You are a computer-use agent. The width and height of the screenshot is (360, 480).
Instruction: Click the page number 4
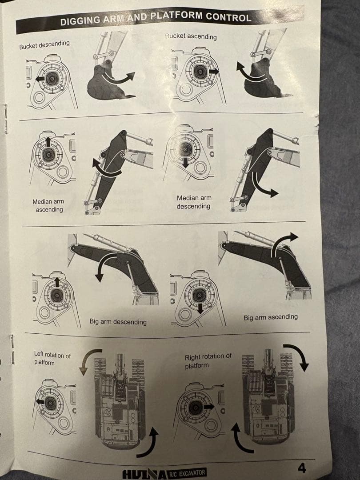point(302,468)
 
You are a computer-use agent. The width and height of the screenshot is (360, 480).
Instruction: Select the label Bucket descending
point(44,45)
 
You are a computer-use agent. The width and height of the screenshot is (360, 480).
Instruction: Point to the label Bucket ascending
point(191,36)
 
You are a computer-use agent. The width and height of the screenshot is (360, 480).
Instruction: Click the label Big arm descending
point(118,321)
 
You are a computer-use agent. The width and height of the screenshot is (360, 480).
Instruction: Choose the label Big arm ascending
point(271,317)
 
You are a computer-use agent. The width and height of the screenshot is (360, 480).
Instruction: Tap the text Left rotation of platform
point(52,359)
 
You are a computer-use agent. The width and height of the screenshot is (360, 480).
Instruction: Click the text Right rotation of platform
point(208,361)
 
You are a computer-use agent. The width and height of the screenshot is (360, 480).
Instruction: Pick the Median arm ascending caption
point(48,205)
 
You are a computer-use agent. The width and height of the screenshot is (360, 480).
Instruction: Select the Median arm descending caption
point(194,202)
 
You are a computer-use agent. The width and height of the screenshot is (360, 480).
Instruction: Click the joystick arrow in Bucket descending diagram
point(40,79)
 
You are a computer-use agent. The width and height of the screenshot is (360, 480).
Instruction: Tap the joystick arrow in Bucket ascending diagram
point(214,72)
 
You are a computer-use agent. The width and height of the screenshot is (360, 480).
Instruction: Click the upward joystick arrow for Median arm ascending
point(48,142)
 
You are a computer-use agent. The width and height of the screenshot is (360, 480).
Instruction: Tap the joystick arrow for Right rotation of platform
point(209,407)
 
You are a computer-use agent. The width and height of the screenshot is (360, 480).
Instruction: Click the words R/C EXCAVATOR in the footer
point(187,473)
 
